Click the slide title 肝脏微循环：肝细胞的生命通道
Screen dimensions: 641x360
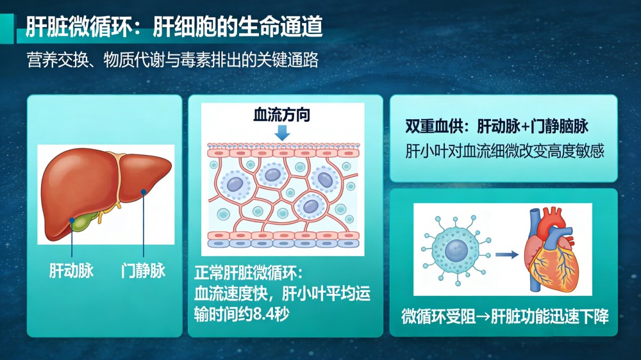coord(174,27)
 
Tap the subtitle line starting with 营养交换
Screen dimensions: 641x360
coord(172,60)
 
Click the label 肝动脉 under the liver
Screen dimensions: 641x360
coord(71,270)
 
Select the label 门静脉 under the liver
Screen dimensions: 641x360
coord(143,270)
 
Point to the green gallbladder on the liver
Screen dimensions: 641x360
coord(84,220)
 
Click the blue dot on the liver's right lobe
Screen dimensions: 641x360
coord(144,192)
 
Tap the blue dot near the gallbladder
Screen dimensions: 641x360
coord(72,220)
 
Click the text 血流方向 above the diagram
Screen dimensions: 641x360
coord(281,115)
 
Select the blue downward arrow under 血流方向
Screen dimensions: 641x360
coord(282,133)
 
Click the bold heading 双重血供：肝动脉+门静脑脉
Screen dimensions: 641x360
coord(497,127)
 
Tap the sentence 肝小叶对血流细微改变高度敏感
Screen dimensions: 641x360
coord(504,151)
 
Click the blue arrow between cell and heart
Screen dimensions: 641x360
coord(507,254)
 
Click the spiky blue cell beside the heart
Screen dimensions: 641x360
coord(456,250)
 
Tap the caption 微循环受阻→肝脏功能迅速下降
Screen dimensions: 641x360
coord(505,316)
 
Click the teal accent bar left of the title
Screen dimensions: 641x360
coord(7,29)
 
